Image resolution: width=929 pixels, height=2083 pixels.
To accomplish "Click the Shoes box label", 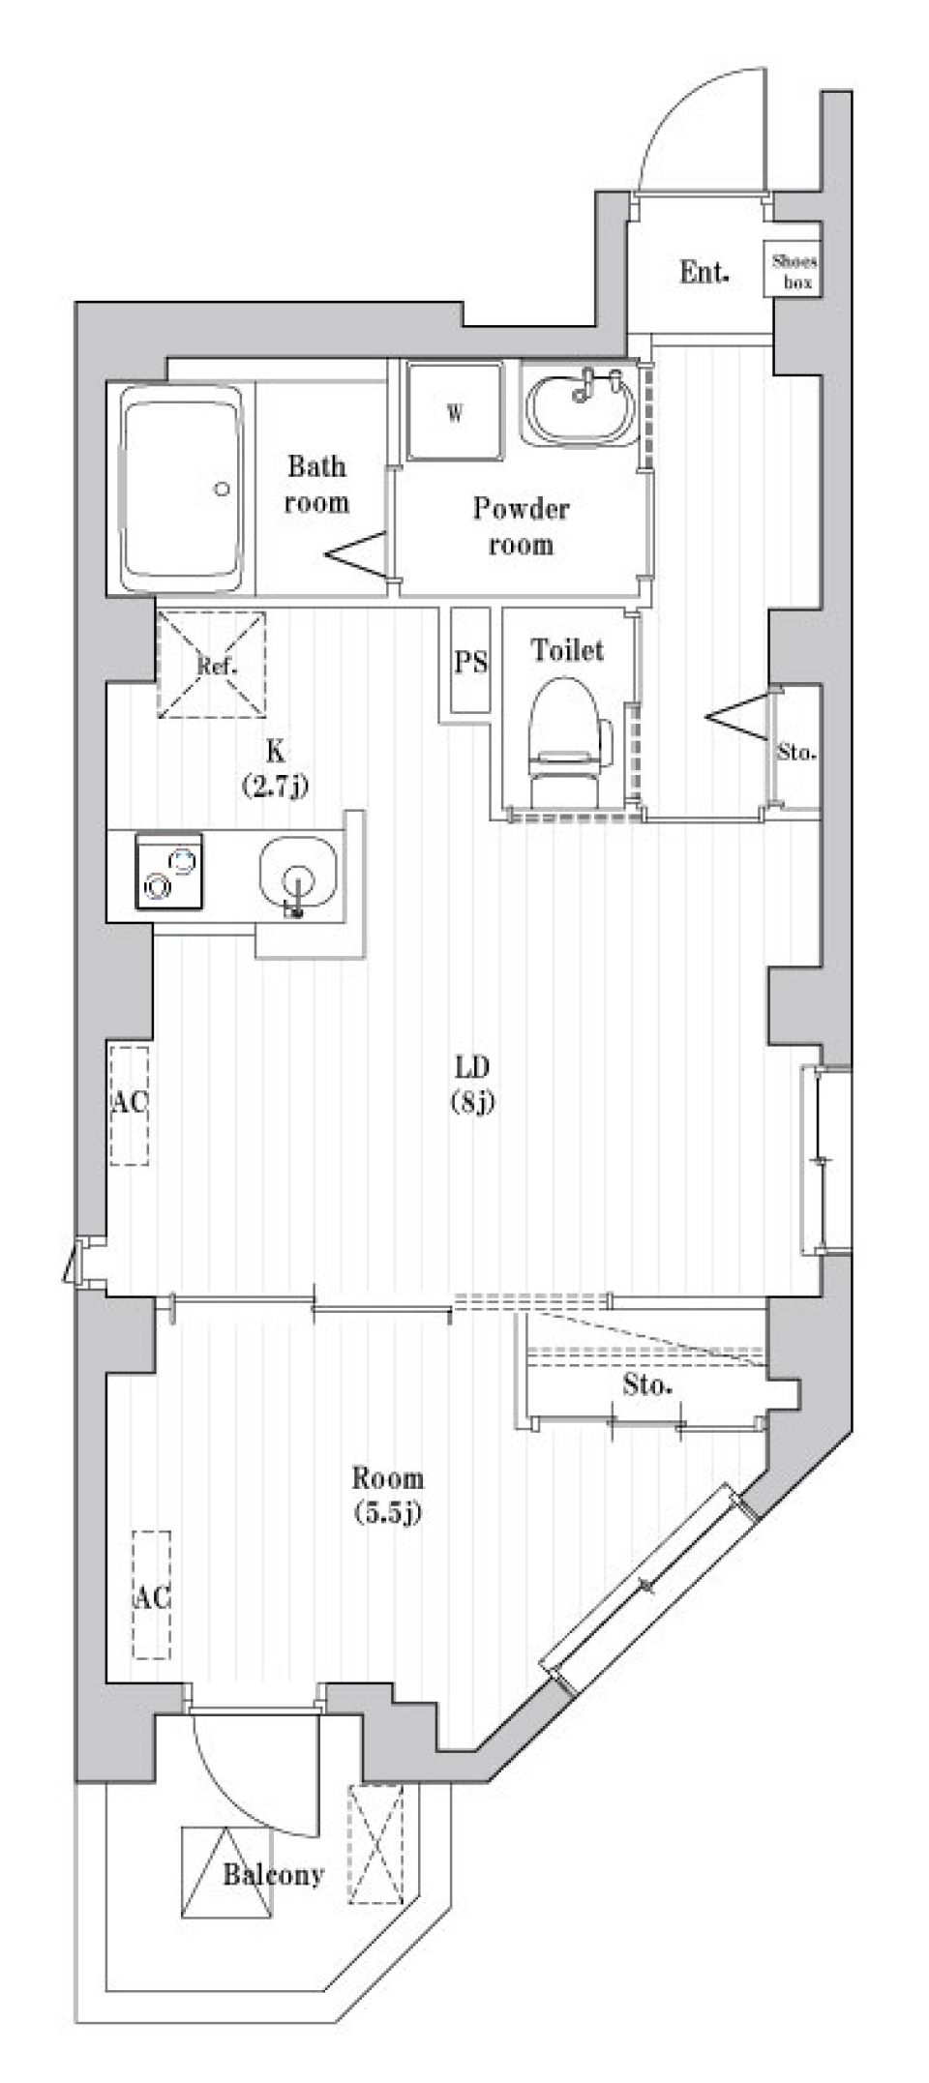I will click(x=794, y=272).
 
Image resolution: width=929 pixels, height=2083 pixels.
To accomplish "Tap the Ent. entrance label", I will click(x=704, y=273).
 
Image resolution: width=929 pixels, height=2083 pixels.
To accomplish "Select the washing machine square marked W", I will click(x=454, y=411).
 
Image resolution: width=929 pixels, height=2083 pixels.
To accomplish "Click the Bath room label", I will click(x=316, y=485).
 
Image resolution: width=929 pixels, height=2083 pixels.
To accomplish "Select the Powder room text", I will click(x=521, y=526).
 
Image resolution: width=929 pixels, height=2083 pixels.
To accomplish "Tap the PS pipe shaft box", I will click(x=471, y=662).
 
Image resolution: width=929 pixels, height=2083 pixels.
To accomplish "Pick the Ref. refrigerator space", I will click(x=212, y=665).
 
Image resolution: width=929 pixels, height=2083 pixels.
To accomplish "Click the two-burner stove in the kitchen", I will click(x=169, y=870).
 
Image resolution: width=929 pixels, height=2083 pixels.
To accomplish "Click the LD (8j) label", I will click(x=472, y=1084).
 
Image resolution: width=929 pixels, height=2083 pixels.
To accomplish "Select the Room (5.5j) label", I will click(x=387, y=1494).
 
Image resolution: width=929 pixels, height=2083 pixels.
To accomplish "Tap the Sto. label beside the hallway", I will click(x=796, y=752).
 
